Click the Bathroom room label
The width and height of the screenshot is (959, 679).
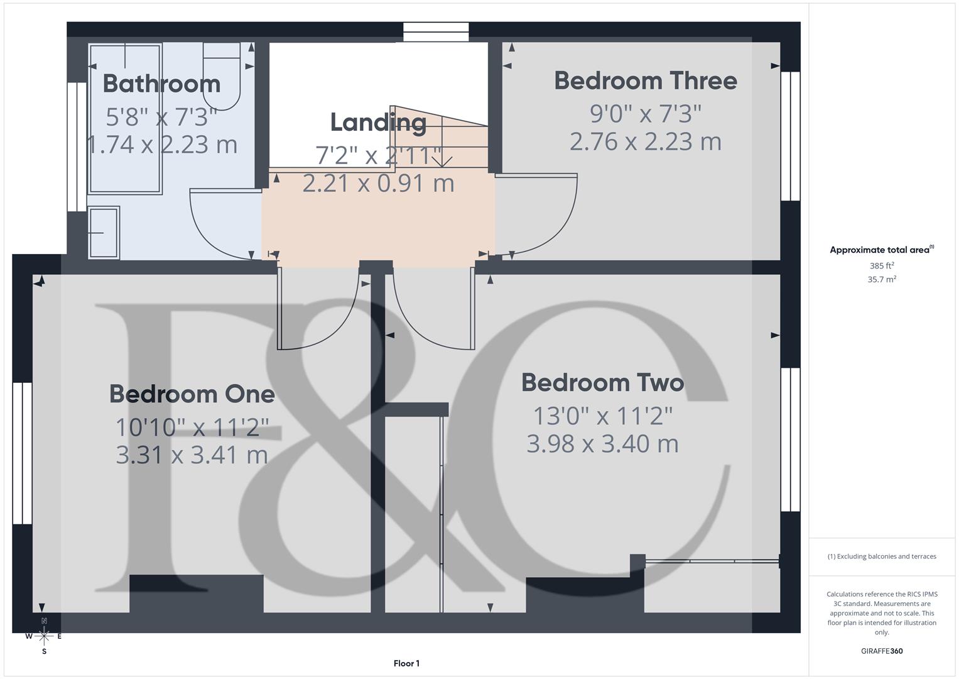(x=161, y=84)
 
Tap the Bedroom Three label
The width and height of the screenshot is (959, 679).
(x=645, y=80)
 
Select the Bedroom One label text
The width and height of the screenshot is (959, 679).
(x=192, y=394)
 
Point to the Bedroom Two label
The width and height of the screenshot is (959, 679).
(x=602, y=382)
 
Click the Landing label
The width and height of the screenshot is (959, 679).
(x=378, y=122)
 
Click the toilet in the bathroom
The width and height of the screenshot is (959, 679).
(x=221, y=75)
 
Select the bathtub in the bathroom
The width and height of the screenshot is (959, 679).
(x=126, y=118)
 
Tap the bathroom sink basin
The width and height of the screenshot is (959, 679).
(x=103, y=233)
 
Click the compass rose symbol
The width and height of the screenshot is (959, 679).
(x=44, y=636)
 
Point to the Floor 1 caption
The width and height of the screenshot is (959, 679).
(x=406, y=663)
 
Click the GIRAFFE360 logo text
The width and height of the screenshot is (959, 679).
(x=881, y=651)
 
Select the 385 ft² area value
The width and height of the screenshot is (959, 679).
(x=881, y=266)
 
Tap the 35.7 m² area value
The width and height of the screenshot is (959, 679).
(x=881, y=279)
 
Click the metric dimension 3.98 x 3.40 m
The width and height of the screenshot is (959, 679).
(x=602, y=444)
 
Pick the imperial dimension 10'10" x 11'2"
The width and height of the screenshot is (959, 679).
(x=192, y=428)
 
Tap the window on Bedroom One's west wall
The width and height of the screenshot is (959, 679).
(x=22, y=453)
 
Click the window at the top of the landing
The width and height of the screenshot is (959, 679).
(x=436, y=32)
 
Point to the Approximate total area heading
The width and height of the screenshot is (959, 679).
(x=881, y=250)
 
